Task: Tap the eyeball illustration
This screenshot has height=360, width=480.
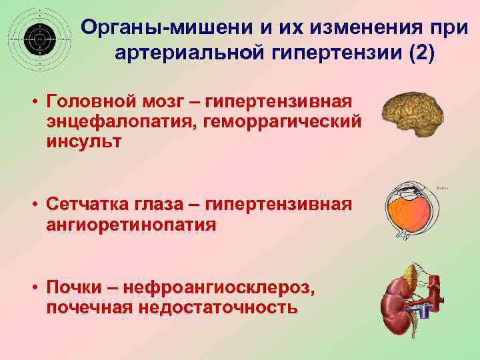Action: tap(410, 210)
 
